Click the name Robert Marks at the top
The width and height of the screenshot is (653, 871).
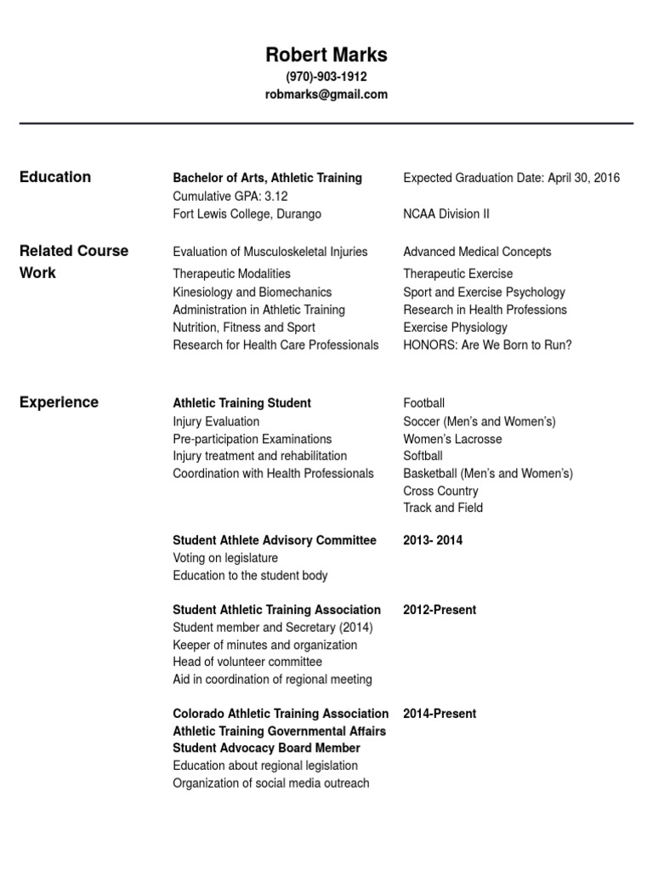(x=326, y=55)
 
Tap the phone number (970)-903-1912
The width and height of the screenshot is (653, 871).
(x=326, y=77)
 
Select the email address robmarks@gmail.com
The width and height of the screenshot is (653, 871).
(x=326, y=94)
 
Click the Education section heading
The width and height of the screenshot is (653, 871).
(x=54, y=177)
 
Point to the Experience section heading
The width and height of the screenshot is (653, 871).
(x=59, y=402)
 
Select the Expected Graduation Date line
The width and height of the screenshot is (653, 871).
(x=511, y=178)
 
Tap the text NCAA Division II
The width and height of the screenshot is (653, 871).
(x=446, y=213)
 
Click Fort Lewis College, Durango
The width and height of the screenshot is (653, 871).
(x=247, y=213)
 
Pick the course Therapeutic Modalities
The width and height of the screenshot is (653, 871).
(x=231, y=274)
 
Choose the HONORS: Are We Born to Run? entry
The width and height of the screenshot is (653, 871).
(x=487, y=344)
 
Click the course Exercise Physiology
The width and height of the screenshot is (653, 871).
(x=455, y=327)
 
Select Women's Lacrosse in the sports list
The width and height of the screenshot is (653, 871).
(x=452, y=439)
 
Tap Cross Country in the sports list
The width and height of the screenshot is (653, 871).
(x=440, y=491)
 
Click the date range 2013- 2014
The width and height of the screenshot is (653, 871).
(x=433, y=540)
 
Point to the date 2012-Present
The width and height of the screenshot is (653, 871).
(x=439, y=610)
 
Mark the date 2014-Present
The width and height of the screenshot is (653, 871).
(x=439, y=714)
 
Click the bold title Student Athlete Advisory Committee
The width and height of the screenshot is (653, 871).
(x=274, y=540)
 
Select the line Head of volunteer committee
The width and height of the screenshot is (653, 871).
(x=247, y=662)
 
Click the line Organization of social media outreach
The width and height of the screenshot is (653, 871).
(x=270, y=783)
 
